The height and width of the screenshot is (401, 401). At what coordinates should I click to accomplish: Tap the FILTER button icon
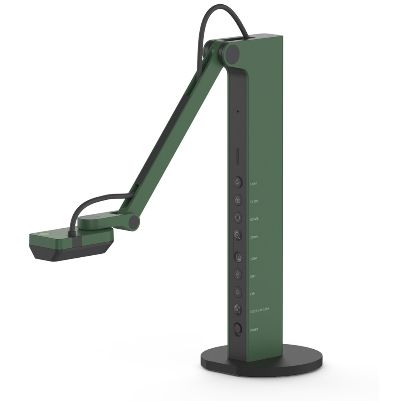(x=237, y=200)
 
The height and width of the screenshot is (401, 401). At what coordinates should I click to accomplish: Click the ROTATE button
(x=237, y=218)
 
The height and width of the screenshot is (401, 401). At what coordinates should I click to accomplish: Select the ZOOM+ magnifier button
(x=237, y=236)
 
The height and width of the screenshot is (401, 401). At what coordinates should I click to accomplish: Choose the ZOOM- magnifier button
(x=237, y=257)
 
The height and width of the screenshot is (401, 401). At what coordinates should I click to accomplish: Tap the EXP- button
(x=237, y=292)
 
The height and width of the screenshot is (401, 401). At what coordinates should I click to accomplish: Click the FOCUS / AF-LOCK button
(x=237, y=309)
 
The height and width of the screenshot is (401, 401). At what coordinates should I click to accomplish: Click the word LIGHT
(x=253, y=184)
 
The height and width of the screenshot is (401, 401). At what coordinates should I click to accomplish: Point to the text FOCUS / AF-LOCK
(x=260, y=309)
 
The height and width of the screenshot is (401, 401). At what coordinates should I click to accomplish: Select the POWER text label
(x=254, y=330)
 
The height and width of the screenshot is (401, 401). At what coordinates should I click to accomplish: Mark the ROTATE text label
(x=254, y=219)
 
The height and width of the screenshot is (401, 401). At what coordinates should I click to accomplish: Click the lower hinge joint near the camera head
(x=134, y=222)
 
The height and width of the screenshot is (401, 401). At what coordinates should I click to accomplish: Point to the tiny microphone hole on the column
(x=237, y=111)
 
